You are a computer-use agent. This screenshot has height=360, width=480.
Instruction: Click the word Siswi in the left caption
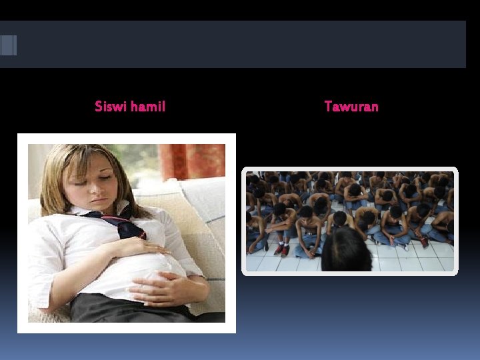point(111,106)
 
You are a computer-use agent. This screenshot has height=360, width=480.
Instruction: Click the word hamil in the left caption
point(148,106)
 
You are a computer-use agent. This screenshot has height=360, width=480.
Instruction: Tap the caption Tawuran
point(351,106)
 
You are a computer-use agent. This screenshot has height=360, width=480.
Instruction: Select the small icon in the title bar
point(8,45)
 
